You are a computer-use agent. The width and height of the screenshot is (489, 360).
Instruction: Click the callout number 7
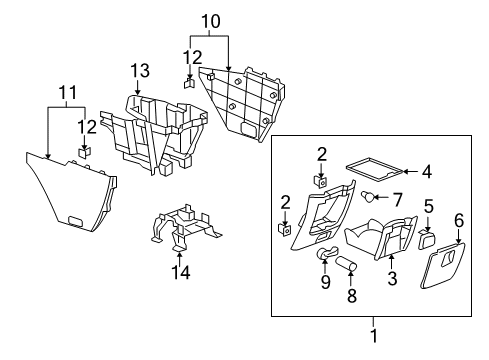coord(398,200)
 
